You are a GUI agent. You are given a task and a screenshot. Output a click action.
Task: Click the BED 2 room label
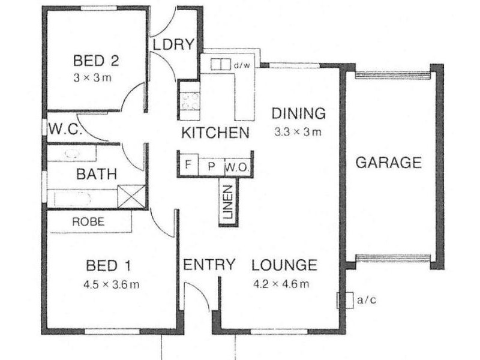96,61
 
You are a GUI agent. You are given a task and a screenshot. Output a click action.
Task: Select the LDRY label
173,44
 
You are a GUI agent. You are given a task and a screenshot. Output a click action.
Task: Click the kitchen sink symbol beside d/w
221,64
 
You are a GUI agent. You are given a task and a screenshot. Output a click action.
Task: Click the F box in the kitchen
188,164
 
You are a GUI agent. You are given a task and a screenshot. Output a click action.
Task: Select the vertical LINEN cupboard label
229,203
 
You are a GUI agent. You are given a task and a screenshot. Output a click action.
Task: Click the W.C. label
61,129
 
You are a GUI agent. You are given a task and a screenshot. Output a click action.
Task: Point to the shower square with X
131,196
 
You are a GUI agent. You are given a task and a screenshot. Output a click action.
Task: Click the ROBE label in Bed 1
88,221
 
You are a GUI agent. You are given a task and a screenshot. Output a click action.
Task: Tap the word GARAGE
388,163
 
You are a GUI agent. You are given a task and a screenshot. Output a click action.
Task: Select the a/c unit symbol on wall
344,299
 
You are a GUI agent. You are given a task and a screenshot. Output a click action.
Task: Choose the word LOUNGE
284,265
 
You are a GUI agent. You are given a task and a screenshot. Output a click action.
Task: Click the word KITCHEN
215,133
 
